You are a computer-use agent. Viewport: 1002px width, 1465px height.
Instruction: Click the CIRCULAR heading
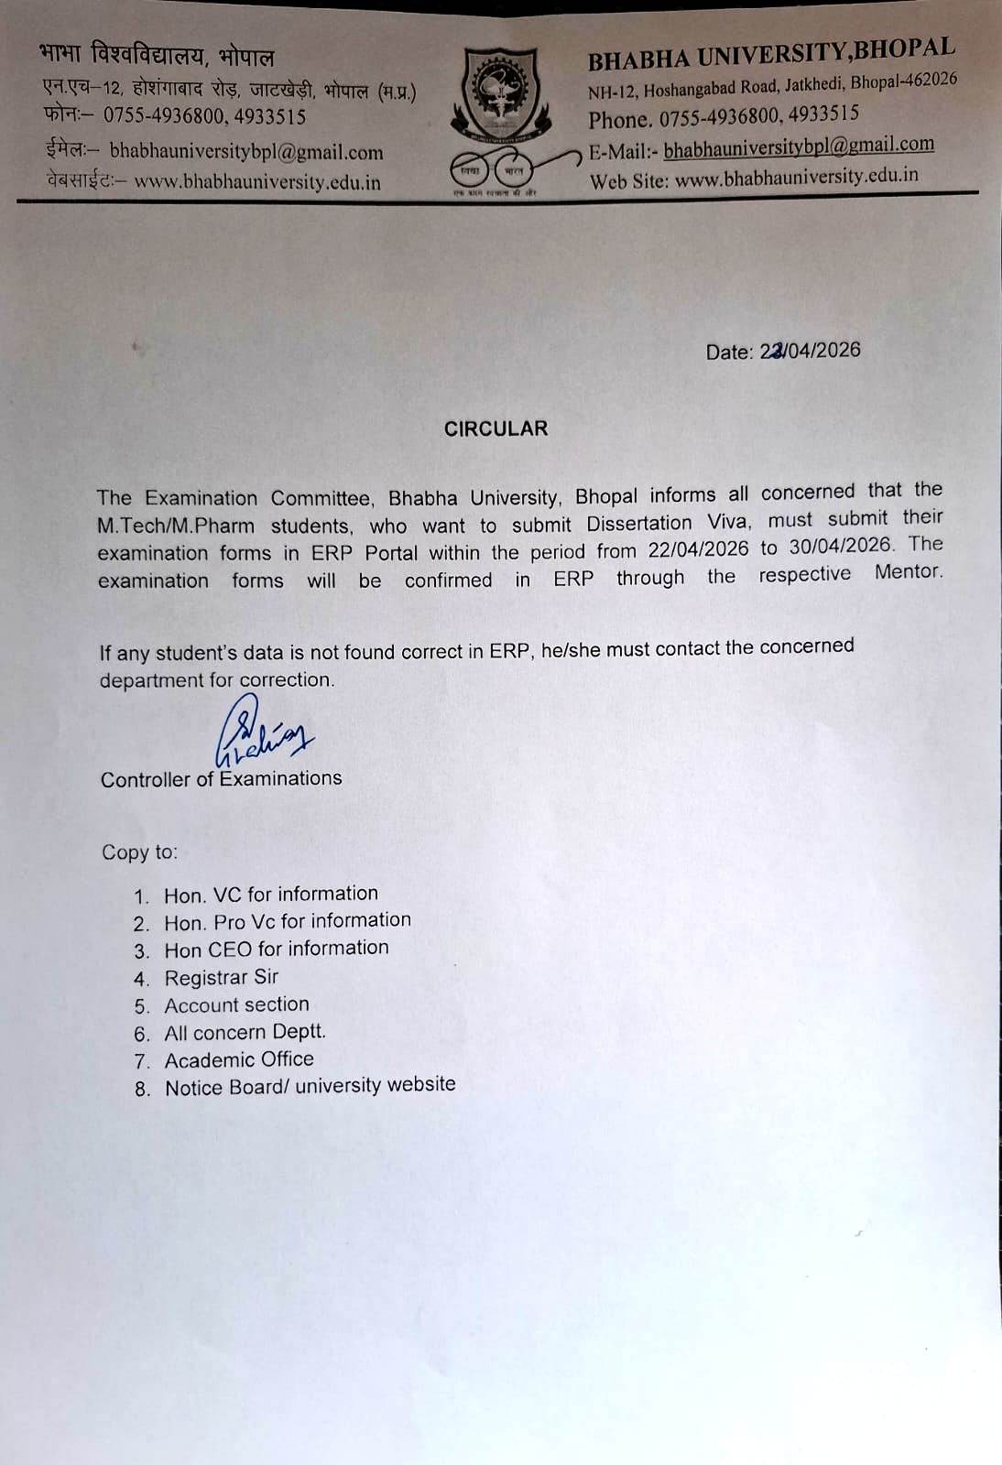click(x=496, y=429)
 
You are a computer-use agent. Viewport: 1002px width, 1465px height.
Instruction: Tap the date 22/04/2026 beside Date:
click(x=810, y=351)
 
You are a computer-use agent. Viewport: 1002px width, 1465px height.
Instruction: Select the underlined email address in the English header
click(x=799, y=146)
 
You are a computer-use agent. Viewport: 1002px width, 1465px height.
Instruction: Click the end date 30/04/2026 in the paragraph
click(x=840, y=546)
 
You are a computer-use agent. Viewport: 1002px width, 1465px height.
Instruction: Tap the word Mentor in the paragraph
click(x=908, y=572)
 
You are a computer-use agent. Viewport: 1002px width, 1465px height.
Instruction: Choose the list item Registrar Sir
click(x=221, y=977)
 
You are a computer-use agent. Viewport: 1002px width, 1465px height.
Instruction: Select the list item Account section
click(x=236, y=1004)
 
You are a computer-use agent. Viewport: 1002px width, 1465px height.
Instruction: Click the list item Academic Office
click(x=239, y=1059)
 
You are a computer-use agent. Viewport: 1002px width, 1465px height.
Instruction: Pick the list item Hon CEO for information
click(x=276, y=949)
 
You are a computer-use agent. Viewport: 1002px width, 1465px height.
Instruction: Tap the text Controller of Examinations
click(x=221, y=779)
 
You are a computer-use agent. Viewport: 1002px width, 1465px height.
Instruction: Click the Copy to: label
click(x=139, y=852)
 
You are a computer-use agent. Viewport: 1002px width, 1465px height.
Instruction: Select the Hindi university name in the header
click(x=157, y=57)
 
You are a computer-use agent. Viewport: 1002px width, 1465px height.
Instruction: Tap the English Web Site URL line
click(x=754, y=178)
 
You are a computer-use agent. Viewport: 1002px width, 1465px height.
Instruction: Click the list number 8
click(x=142, y=1089)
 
